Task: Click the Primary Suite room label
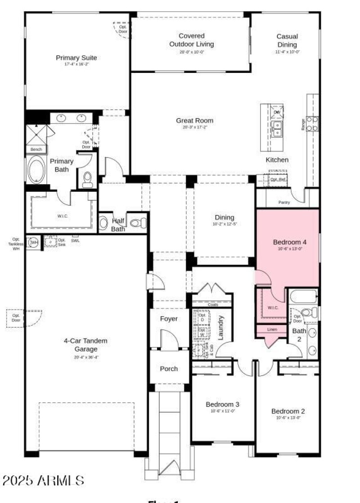tap(76, 58)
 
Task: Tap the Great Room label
tap(194, 121)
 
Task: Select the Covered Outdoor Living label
tap(191, 40)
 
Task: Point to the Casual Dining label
tap(287, 41)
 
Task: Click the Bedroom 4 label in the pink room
tap(289, 242)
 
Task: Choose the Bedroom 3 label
tap(222, 404)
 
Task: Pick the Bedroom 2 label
tap(288, 411)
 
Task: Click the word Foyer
tap(169, 319)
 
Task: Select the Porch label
tap(169, 369)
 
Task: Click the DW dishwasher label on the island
tap(276, 112)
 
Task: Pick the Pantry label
tap(284, 203)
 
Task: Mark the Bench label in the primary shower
tap(36, 150)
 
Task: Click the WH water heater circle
tap(34, 242)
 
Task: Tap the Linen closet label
tap(272, 330)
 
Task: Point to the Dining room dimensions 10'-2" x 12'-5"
tap(224, 224)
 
